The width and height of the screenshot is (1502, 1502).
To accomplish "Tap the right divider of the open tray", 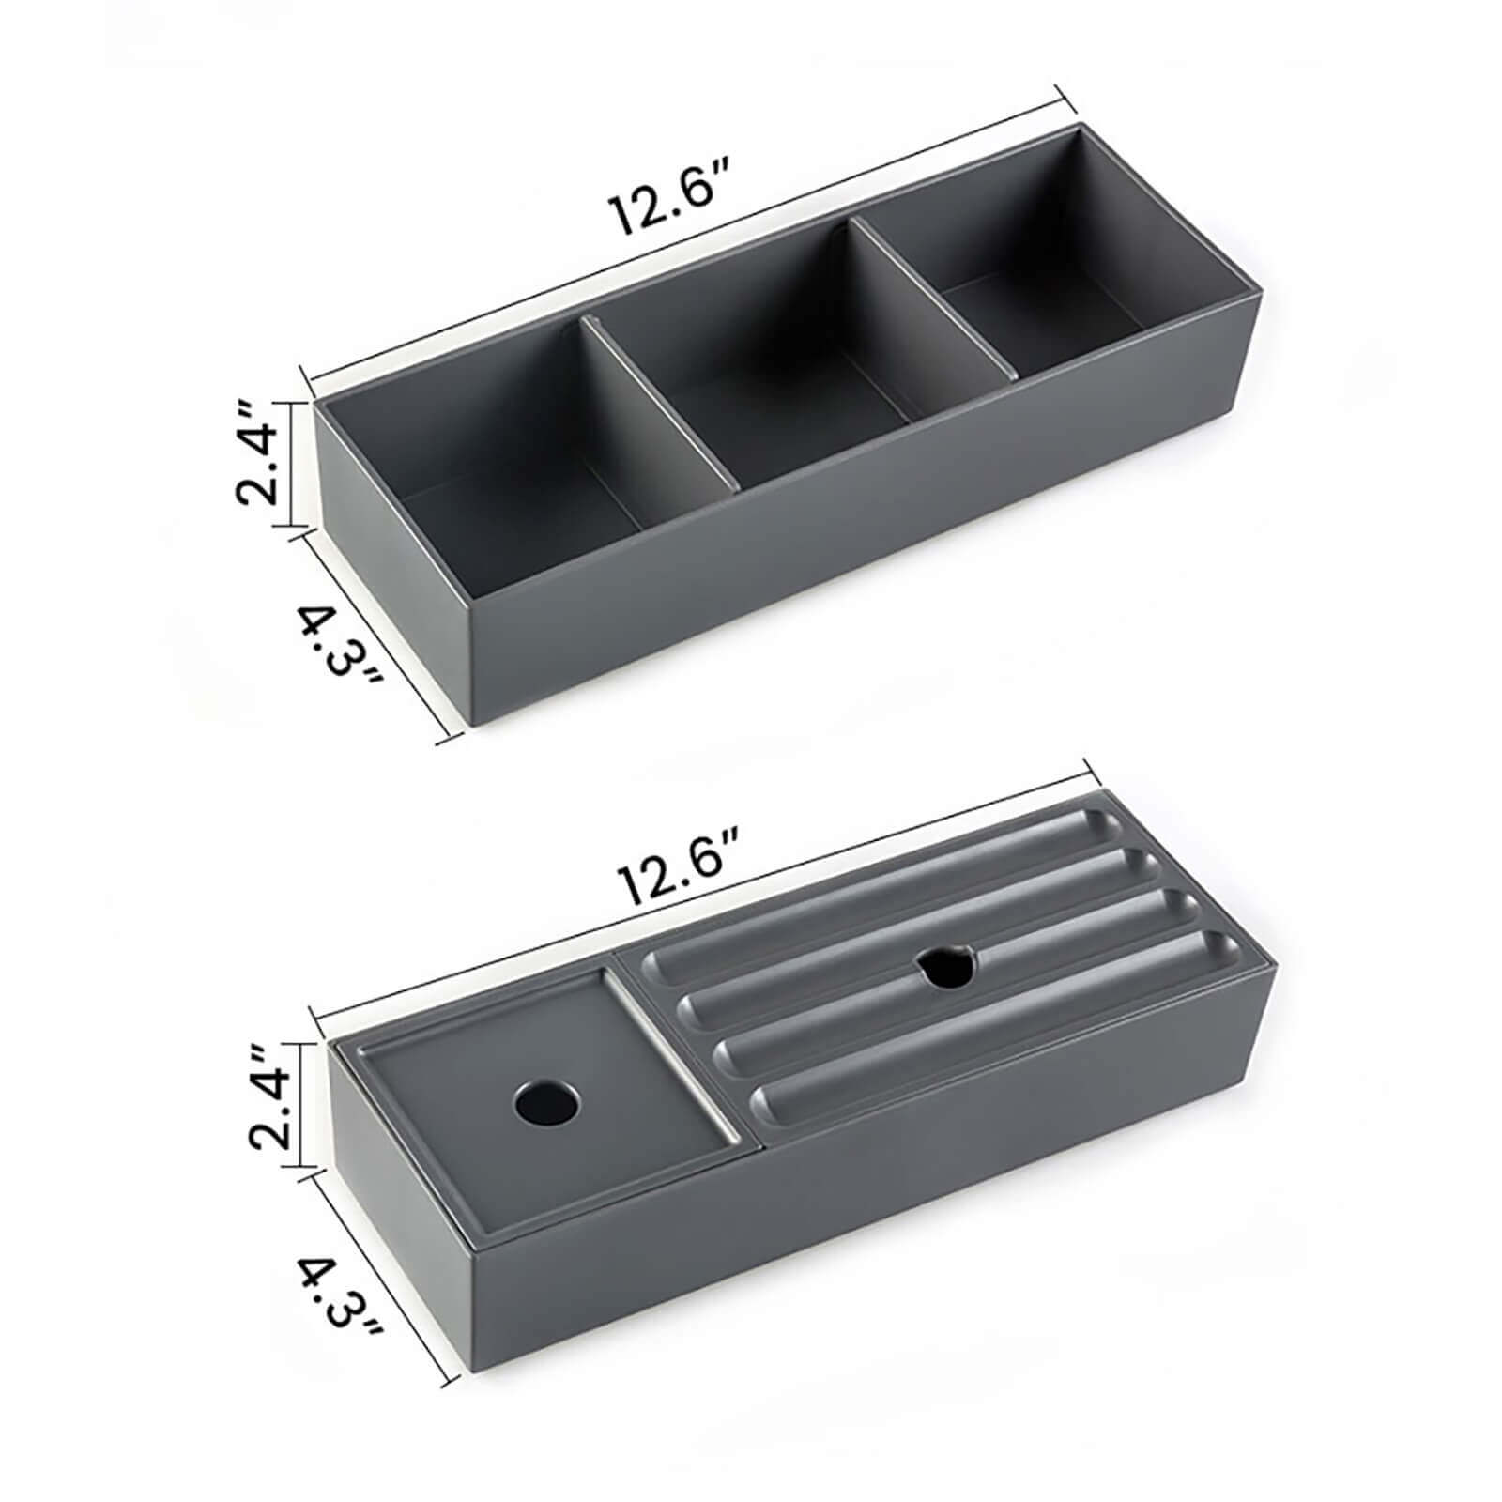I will click(x=939, y=300).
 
